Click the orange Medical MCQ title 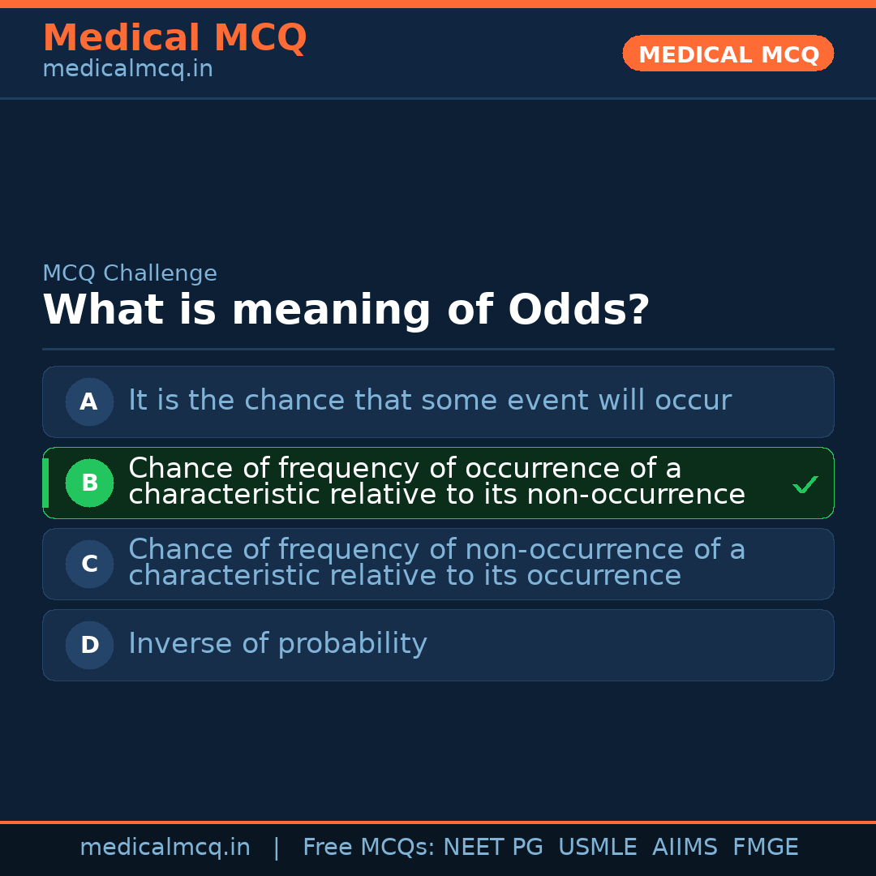174,38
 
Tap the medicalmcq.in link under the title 127,70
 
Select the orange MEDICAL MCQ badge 728,54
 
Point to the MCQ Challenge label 130,273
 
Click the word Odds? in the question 578,311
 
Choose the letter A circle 89,401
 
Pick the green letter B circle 89,483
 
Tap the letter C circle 89,564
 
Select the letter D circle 89,645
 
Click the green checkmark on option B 805,485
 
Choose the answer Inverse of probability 277,644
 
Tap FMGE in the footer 765,848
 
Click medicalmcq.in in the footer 165,848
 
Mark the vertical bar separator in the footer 277,848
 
